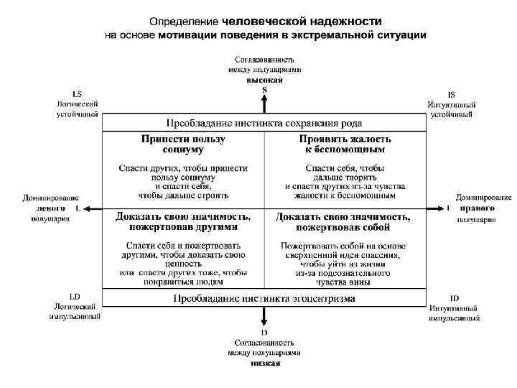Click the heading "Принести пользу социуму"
click(x=183, y=144)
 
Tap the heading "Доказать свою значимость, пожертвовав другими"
click(x=183, y=221)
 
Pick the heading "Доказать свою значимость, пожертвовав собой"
click(x=343, y=221)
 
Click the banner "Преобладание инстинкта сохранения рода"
click(x=264, y=123)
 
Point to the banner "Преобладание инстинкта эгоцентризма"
click(x=264, y=298)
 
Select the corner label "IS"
click(x=451, y=94)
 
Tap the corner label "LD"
click(x=75, y=296)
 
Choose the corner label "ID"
click(x=454, y=297)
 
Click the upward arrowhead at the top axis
click(x=264, y=98)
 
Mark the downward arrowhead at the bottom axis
click(x=264, y=323)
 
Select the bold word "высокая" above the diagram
click(x=264, y=80)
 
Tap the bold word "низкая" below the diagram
click(x=264, y=363)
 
